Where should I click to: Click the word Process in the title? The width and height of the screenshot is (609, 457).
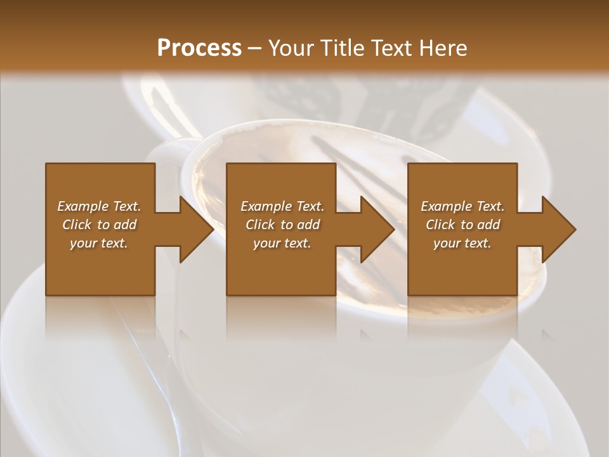click(x=199, y=48)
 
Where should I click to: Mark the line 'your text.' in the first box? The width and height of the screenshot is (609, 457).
click(x=99, y=243)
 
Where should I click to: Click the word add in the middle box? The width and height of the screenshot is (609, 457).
click(x=308, y=225)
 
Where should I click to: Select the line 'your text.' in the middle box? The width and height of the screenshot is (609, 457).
click(x=282, y=243)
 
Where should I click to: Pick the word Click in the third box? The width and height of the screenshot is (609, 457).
click(x=441, y=225)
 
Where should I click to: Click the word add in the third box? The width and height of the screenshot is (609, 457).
click(x=488, y=225)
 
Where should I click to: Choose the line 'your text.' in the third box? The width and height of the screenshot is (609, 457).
click(x=462, y=243)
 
